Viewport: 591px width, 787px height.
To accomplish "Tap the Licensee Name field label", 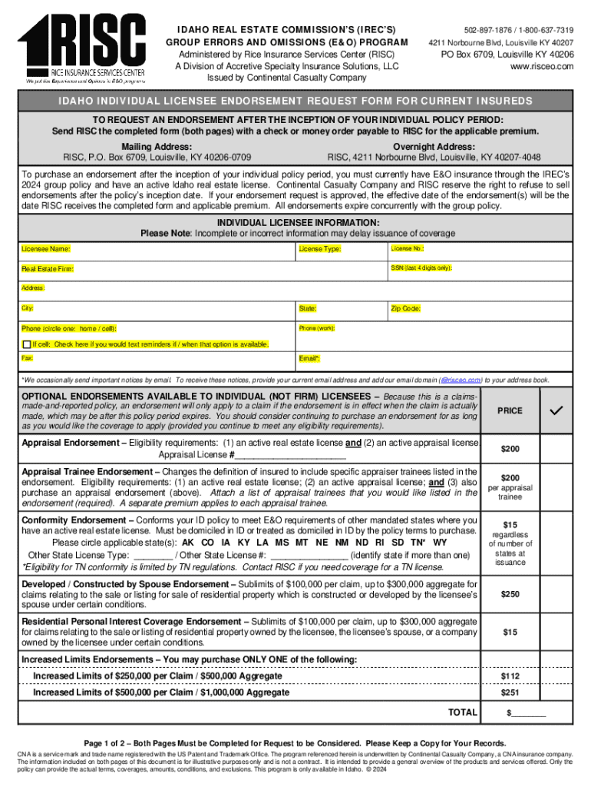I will (46, 250).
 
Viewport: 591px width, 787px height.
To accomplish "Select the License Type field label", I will (320, 250).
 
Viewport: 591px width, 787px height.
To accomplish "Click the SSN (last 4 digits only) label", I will (421, 267).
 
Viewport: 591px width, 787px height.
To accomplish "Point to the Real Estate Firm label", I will (48, 270).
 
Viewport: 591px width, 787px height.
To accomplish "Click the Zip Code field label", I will (405, 308).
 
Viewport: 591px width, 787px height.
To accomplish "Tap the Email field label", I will (309, 360).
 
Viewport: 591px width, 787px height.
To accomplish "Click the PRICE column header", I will (510, 411).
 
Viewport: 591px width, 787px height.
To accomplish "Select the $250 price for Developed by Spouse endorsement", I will (510, 594).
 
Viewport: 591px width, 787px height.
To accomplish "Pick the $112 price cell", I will (510, 676).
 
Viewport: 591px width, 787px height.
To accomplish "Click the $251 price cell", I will (510, 693).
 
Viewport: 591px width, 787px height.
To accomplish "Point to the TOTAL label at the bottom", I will (463, 712).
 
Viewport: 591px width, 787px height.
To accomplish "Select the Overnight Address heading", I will (434, 147).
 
